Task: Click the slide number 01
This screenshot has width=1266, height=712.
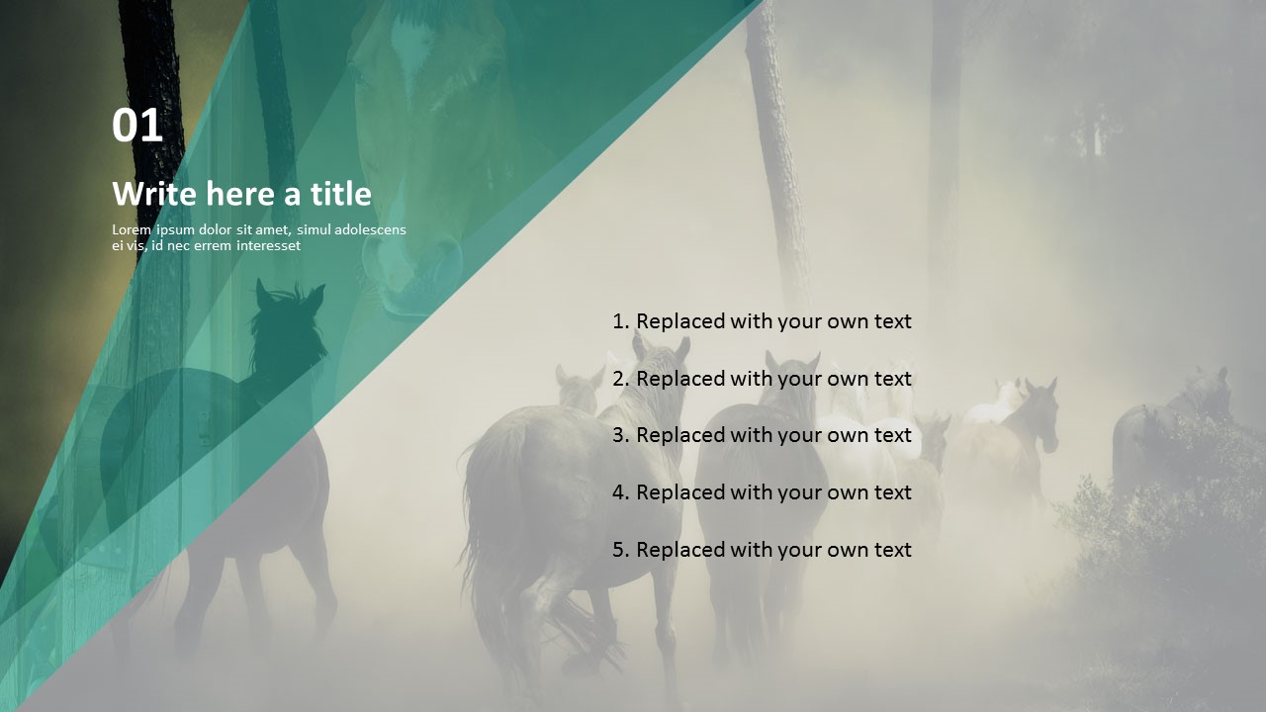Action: [x=137, y=127]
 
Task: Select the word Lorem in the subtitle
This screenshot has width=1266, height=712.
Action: [x=132, y=230]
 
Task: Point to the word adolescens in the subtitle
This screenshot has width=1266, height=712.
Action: [x=370, y=230]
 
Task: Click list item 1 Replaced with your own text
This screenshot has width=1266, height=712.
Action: [x=762, y=321]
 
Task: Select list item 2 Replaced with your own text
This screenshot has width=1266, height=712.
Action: [x=762, y=379]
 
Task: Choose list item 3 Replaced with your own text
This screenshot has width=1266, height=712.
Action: [x=762, y=435]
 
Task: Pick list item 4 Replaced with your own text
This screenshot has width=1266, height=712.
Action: [x=762, y=492]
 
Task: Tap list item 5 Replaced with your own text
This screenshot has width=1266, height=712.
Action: [x=762, y=550]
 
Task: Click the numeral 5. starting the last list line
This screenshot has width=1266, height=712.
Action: [x=621, y=550]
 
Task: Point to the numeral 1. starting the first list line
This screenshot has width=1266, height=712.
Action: [x=621, y=321]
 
